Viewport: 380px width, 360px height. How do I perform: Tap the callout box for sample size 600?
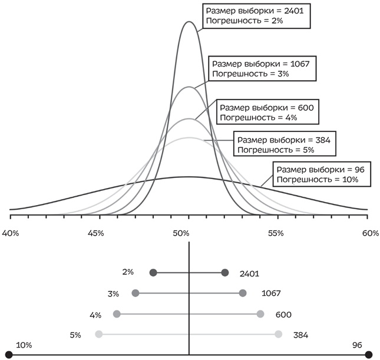pyautogui.click(x=269, y=112)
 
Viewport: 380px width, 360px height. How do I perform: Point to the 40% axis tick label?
pyautogui.click(x=11, y=234)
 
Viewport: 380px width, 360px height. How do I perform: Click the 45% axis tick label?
pyautogui.click(x=95, y=234)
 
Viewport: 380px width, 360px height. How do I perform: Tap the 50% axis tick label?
pyautogui.click(x=181, y=234)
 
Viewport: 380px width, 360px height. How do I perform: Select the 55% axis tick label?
pyautogui.click(x=275, y=234)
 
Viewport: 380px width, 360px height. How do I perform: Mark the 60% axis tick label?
pyautogui.click(x=370, y=234)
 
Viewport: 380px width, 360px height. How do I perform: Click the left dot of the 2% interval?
pyautogui.click(x=153, y=272)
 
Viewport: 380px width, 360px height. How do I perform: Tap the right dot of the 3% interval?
pyautogui.click(x=243, y=293)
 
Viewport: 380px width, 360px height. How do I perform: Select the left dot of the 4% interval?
pyautogui.click(x=117, y=313)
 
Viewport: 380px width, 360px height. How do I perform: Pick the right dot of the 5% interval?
pyautogui.click(x=278, y=334)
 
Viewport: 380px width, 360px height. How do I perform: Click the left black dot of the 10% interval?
pyautogui.click(x=9, y=355)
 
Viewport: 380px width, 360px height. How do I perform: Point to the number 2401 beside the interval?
pyautogui.click(x=250, y=273)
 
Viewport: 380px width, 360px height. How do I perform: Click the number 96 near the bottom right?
pyautogui.click(x=357, y=345)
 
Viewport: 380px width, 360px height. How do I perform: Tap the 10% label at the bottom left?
pyautogui.click(x=24, y=345)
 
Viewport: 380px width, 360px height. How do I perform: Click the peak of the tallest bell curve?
pyautogui.click(x=189, y=22)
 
